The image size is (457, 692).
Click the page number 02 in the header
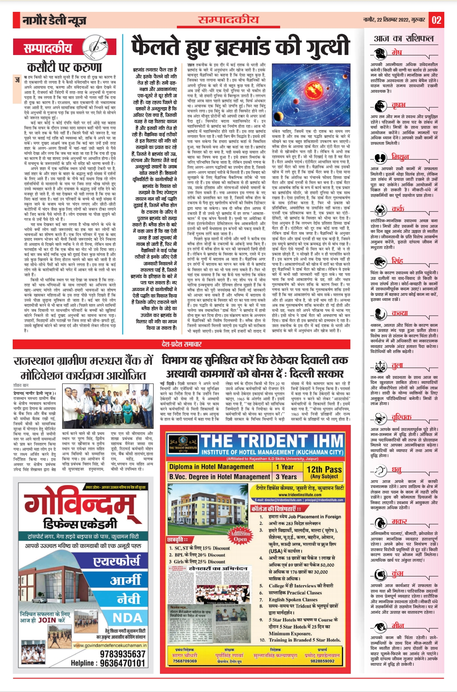436,20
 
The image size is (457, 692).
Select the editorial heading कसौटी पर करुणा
64,67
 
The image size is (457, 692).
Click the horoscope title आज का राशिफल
404,39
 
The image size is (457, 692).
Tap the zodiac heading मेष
396,52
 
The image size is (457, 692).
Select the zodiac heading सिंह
397,260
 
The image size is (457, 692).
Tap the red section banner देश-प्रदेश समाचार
182,344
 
